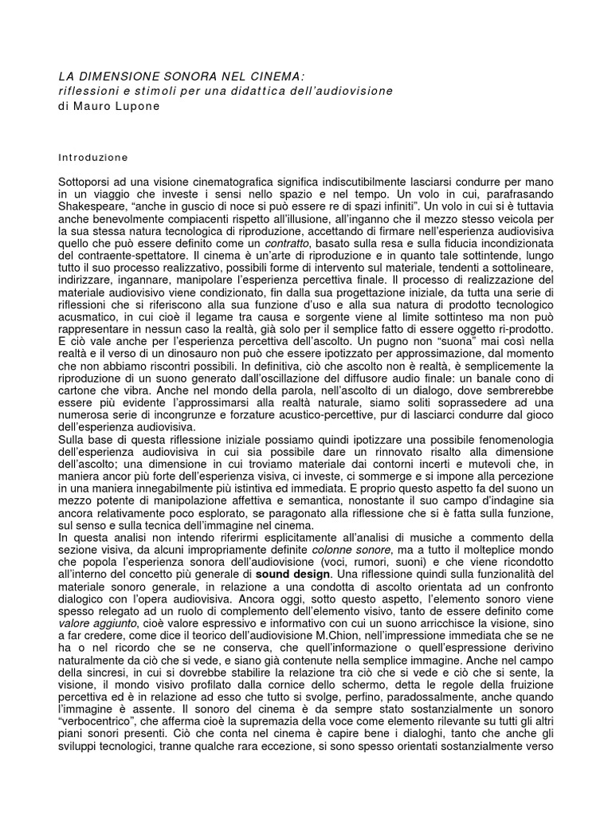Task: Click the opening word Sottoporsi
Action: [89, 183]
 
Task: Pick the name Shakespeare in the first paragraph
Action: [96, 209]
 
